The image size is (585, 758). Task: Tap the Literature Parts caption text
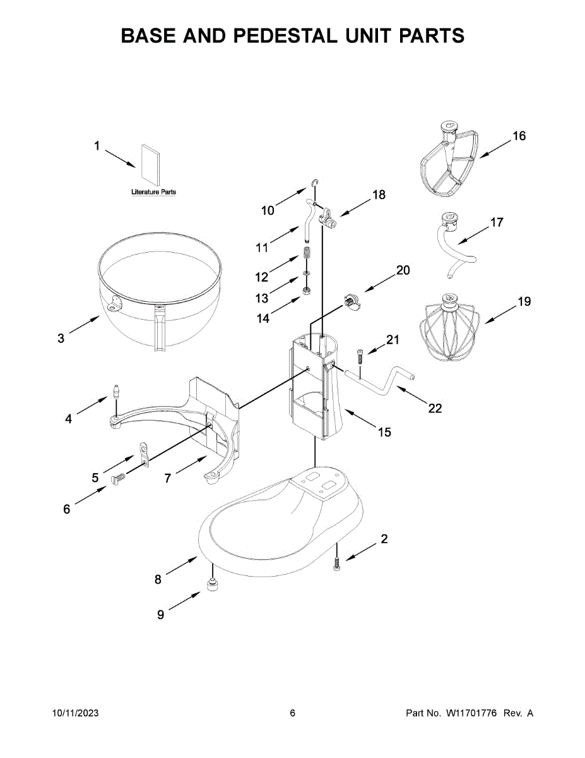(153, 191)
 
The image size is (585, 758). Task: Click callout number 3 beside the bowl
(61, 339)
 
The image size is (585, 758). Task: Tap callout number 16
(518, 136)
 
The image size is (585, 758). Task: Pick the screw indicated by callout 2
(338, 562)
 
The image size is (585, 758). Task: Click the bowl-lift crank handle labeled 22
(379, 382)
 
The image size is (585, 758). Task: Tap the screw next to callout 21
(360, 355)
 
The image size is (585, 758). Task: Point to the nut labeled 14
(306, 291)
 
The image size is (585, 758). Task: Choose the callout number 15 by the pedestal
(384, 432)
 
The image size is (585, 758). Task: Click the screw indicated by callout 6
(118, 481)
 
